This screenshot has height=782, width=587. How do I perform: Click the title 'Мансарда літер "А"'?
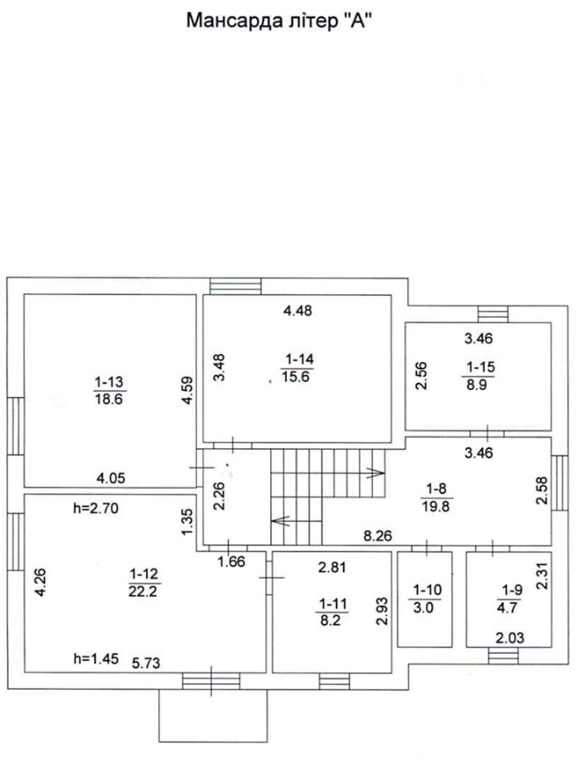click(282, 21)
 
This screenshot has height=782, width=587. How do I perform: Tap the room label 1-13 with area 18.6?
click(110, 390)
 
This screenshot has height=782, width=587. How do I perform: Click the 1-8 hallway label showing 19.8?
click(436, 497)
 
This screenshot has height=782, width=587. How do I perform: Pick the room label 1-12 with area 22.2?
click(144, 583)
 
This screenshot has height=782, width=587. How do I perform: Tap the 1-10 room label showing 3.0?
click(424, 599)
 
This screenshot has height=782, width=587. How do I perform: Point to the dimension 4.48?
click(297, 310)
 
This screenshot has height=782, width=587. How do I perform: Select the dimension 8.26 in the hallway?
click(378, 536)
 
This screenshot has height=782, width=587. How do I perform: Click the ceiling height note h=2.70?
click(96, 509)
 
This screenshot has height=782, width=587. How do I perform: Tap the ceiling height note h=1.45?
click(96, 659)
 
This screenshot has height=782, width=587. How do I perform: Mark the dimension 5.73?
click(146, 663)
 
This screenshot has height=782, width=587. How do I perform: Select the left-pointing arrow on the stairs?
click(280, 521)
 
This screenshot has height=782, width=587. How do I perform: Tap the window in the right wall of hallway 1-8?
click(560, 483)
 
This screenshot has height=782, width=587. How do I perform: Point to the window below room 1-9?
click(503, 656)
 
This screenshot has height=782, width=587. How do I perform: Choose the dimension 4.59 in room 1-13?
click(188, 390)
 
